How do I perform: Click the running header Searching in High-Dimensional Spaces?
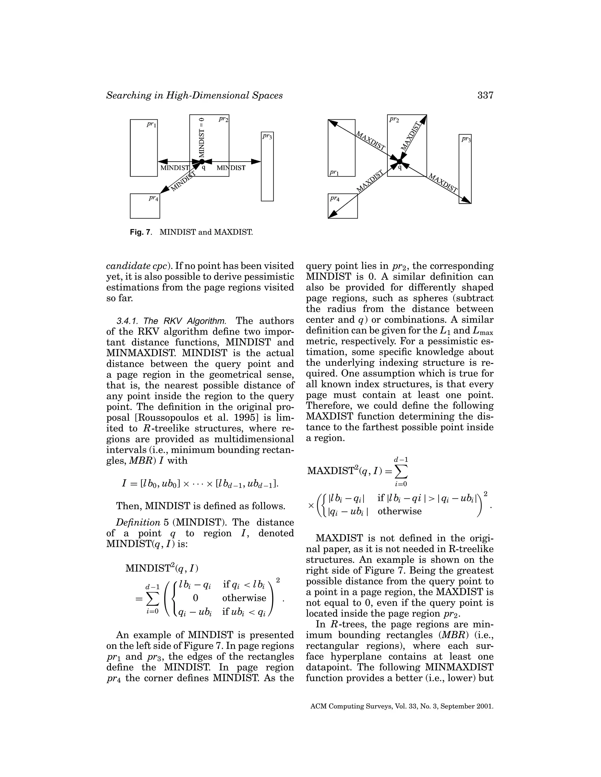point(194,95)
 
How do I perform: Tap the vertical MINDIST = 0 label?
point(202,137)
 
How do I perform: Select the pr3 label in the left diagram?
point(267,136)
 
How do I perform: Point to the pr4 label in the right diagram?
point(335,199)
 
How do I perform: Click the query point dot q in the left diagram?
point(202,162)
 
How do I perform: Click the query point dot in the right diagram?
point(399,162)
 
